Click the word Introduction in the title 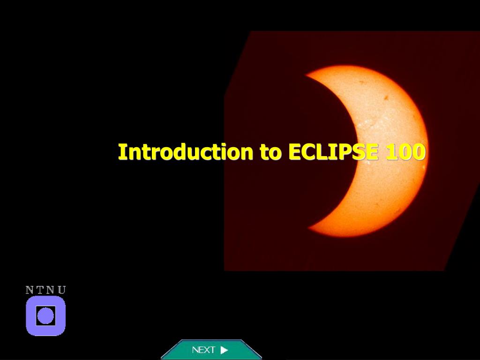(x=186, y=151)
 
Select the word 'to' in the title (x=270, y=152)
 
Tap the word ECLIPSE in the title (x=333, y=151)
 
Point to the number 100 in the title (x=405, y=151)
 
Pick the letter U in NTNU (x=61, y=290)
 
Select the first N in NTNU (x=30, y=290)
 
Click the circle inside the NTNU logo (x=45, y=315)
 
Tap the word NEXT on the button (x=203, y=350)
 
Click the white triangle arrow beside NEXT (x=224, y=350)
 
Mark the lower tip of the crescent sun (x=308, y=228)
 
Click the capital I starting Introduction (x=121, y=151)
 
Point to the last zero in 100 (x=419, y=151)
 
